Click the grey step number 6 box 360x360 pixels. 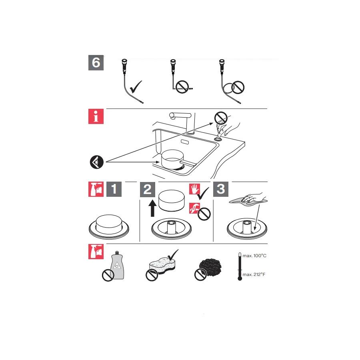pyautogui.click(x=96, y=63)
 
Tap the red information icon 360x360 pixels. pyautogui.click(x=96, y=116)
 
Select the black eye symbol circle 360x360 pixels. pyautogui.click(x=97, y=162)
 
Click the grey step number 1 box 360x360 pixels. pyautogui.click(x=114, y=189)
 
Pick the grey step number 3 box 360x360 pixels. pyautogui.click(x=221, y=189)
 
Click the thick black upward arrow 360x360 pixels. pyautogui.click(x=152, y=208)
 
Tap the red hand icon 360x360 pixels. pyautogui.click(x=195, y=189)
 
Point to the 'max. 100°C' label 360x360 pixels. pyautogui.click(x=254, y=256)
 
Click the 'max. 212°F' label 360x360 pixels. pyautogui.click(x=254, y=274)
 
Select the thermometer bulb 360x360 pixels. pyautogui.click(x=240, y=278)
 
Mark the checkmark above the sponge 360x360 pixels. pyautogui.click(x=173, y=255)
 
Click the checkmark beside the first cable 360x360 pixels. pyautogui.click(x=136, y=87)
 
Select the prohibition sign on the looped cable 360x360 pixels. pyautogui.click(x=238, y=87)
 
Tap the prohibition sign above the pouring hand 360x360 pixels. pyautogui.click(x=221, y=118)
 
